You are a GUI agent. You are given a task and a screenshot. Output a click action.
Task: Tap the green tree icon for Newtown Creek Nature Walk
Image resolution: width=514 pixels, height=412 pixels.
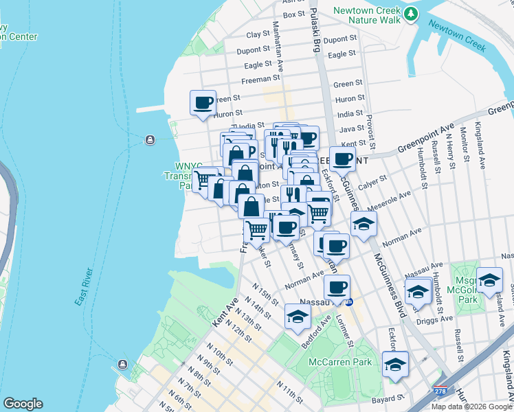point(411,13)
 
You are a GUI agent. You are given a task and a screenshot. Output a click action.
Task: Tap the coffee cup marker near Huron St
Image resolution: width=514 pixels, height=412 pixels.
point(203,103)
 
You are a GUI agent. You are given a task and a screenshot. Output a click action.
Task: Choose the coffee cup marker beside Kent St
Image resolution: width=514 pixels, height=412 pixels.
point(343,159)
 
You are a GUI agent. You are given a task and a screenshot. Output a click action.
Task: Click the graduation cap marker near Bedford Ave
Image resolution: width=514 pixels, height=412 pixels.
point(298,317)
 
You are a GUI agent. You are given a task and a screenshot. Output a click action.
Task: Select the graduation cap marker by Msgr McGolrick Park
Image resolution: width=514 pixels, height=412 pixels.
point(489,280)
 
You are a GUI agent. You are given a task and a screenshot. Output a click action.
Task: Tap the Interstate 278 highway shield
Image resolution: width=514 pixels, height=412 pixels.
point(438,391)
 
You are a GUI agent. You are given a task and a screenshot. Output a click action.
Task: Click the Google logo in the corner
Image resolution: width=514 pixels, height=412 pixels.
point(22,404)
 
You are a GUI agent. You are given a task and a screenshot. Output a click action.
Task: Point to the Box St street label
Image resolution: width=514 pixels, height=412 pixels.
point(293,14)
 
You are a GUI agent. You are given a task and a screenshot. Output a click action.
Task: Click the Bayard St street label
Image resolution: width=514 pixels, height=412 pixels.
point(389,398)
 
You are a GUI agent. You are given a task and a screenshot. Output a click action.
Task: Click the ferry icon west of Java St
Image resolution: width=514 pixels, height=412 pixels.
point(149,141)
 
